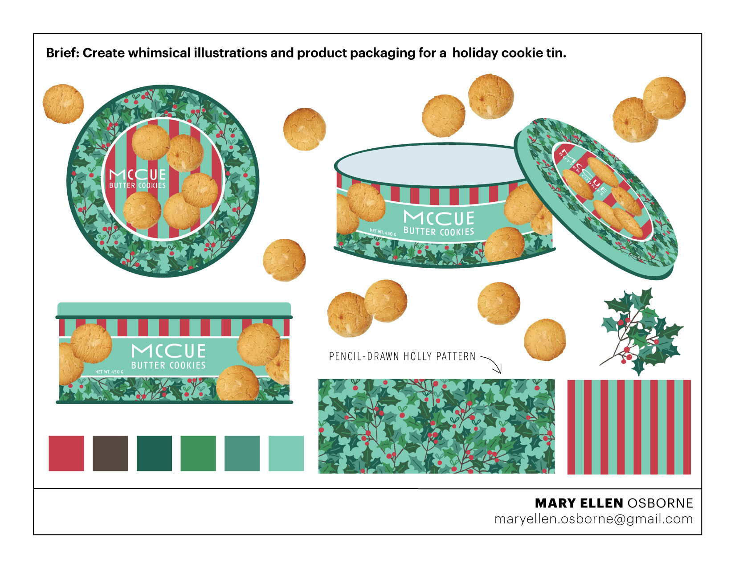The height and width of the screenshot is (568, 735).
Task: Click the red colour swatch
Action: click(x=66, y=453)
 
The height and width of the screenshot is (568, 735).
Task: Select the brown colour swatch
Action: click(x=110, y=453)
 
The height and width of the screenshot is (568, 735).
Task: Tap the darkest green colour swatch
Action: click(x=154, y=453)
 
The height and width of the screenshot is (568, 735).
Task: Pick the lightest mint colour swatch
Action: click(x=286, y=453)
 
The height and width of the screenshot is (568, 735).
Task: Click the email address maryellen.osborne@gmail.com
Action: click(x=593, y=519)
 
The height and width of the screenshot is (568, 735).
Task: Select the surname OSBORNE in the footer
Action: click(x=660, y=503)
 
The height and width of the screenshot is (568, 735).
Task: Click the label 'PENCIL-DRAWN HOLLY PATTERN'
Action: click(x=402, y=356)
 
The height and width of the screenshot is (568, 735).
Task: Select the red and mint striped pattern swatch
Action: click(x=629, y=427)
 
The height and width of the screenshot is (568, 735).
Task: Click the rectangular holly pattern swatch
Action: click(x=437, y=426)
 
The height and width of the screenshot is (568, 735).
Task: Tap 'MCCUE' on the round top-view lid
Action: click(x=137, y=175)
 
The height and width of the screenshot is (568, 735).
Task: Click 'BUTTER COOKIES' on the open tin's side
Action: click(x=438, y=232)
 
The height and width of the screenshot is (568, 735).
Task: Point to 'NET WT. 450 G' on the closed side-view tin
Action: click(x=109, y=372)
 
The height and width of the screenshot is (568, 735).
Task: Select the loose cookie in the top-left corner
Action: click(x=63, y=104)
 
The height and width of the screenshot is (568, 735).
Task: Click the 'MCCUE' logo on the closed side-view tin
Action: click(x=168, y=351)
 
